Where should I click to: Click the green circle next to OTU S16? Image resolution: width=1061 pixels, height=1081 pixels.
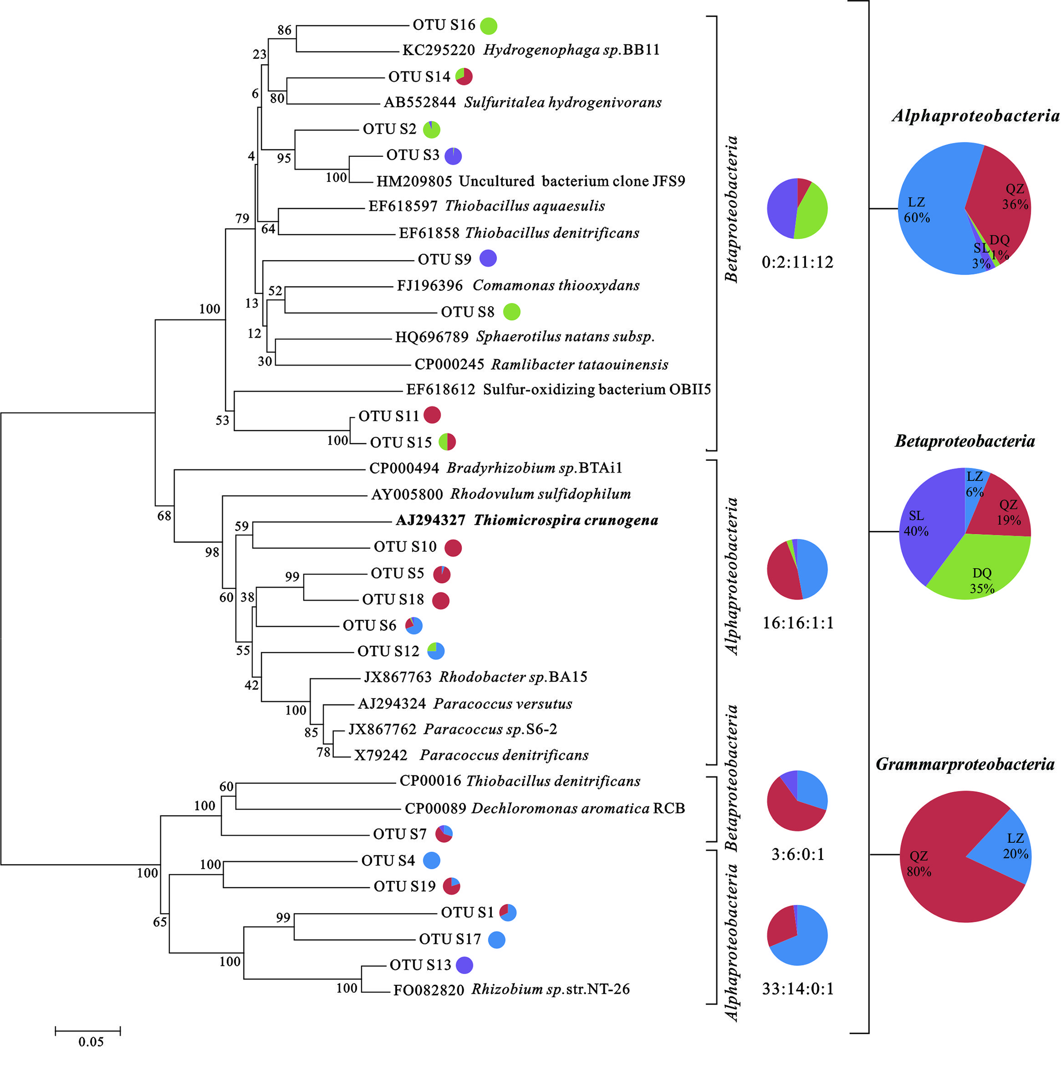coord(489,26)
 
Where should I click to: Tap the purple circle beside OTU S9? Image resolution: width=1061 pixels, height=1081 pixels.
coord(488,258)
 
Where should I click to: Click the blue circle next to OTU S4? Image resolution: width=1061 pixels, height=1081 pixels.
coord(431,860)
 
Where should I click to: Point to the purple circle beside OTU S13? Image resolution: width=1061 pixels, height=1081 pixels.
coord(464,965)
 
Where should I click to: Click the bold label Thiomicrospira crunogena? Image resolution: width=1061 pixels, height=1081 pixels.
coord(565,520)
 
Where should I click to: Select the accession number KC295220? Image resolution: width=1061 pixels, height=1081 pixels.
coord(438,50)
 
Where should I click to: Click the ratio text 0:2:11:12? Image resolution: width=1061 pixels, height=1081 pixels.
coord(797,262)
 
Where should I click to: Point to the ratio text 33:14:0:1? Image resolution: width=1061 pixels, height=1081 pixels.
coord(797,989)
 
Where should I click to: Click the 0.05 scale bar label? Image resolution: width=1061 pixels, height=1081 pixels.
coord(91,1042)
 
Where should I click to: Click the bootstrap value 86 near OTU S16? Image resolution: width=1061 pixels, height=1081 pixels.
coord(284,30)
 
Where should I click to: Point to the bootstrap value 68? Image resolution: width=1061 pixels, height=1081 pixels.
coord(164,516)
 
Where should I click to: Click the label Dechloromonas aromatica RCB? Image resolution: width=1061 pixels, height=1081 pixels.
coord(578,808)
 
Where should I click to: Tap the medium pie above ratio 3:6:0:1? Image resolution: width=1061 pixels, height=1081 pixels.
coord(797,801)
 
